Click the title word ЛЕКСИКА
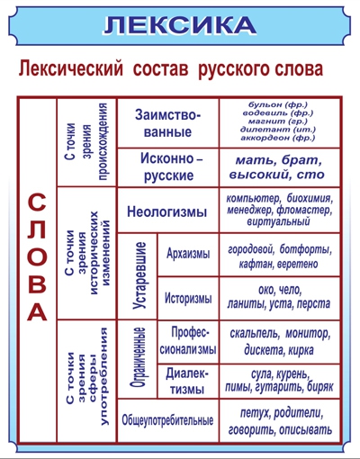[x=180, y=25]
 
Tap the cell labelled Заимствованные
[x=167, y=123]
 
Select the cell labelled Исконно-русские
[x=168, y=167]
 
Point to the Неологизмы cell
[x=168, y=211]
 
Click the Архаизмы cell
[x=188, y=255]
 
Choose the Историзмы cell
[x=188, y=298]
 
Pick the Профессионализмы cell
[x=188, y=341]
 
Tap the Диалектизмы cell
[x=188, y=381]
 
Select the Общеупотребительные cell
[x=168, y=420]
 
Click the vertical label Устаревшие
[x=139, y=275]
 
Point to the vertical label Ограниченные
[x=139, y=358]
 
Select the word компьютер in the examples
[x=253, y=199]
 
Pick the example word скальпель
[x=255, y=334]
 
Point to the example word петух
[x=255, y=414]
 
